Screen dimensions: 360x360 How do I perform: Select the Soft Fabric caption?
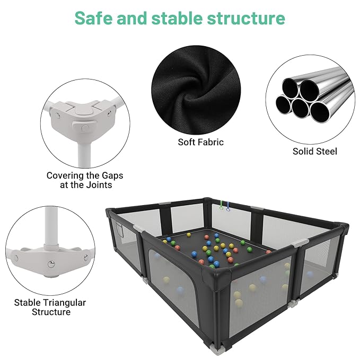pyautogui.click(x=201, y=142)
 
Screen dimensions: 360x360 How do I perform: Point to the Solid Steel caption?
pyautogui.click(x=314, y=151)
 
